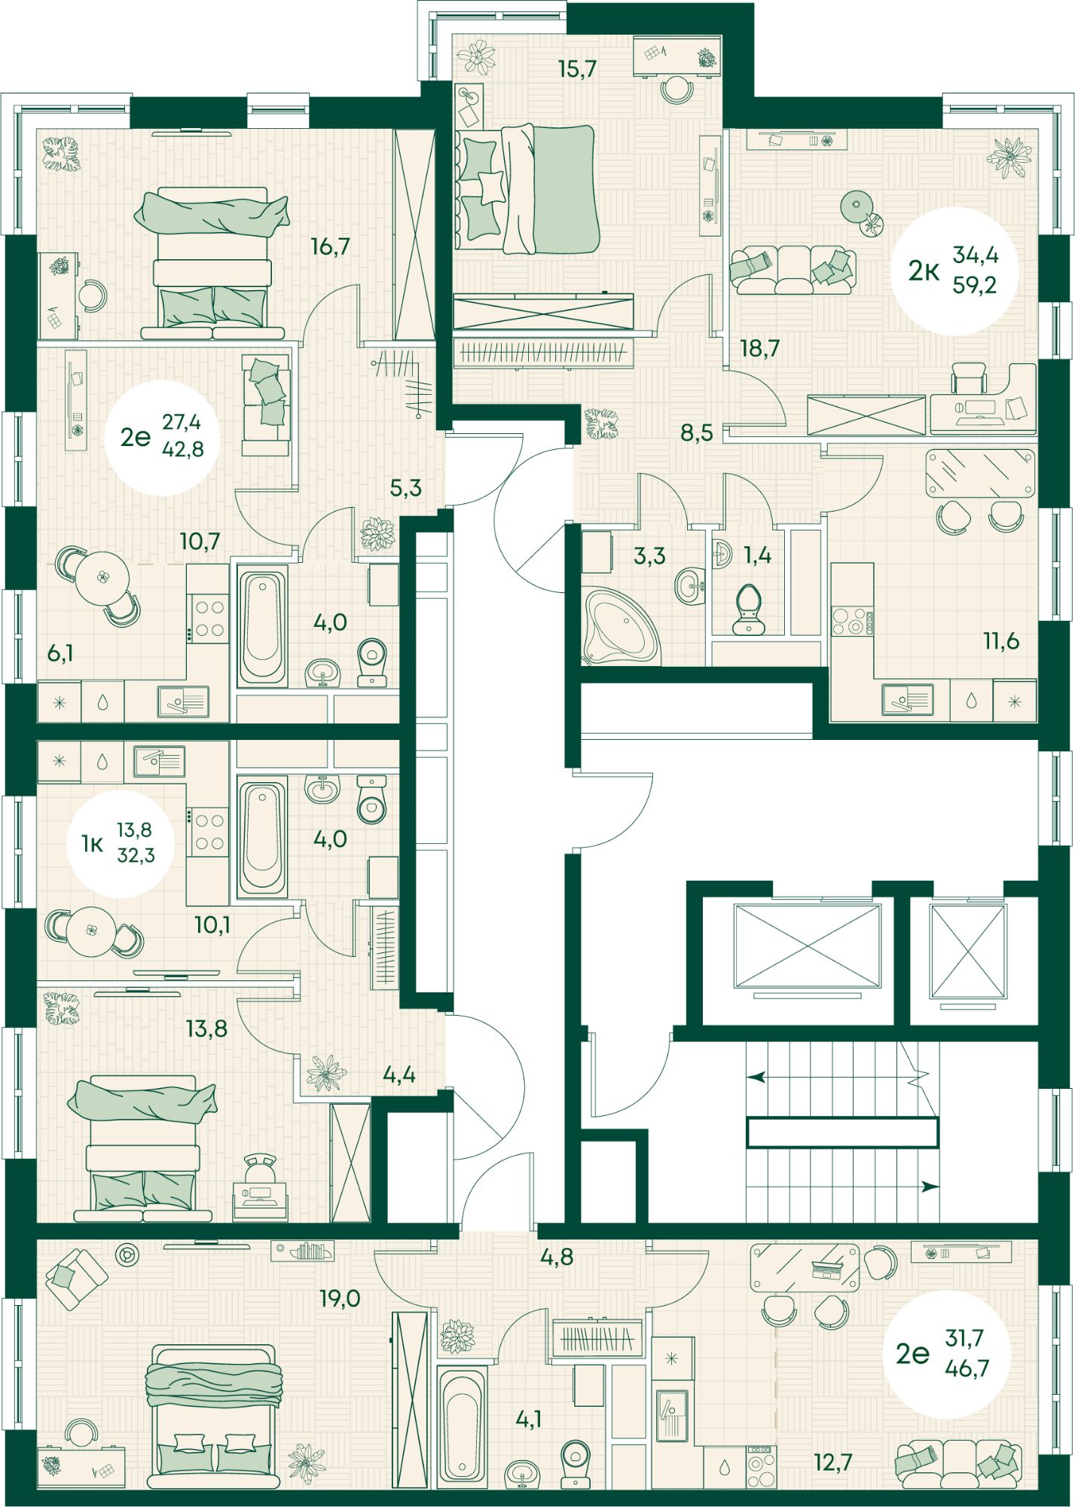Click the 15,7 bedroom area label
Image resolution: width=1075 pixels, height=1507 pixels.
pyautogui.click(x=577, y=69)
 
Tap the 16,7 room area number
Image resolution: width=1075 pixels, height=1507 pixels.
pyautogui.click(x=331, y=246)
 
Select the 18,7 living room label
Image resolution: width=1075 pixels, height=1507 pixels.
pyautogui.click(x=759, y=348)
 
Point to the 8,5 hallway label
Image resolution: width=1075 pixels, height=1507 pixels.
pyautogui.click(x=697, y=433)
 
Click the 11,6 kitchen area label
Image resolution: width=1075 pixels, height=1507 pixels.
pyautogui.click(x=1001, y=640)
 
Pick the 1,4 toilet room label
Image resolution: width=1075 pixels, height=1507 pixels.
pyautogui.click(x=757, y=555)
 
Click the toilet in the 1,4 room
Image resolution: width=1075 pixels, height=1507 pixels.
pyautogui.click(x=748, y=608)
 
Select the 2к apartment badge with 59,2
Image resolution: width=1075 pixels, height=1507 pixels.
pyautogui.click(x=954, y=271)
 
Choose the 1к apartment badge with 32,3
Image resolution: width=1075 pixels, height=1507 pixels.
pyautogui.click(x=119, y=843)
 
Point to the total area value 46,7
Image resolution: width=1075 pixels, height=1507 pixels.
pyautogui.click(x=967, y=1368)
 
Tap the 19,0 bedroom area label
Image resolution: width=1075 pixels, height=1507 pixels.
pyautogui.click(x=340, y=1298)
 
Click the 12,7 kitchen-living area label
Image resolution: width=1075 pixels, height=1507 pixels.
pyautogui.click(x=833, y=1463)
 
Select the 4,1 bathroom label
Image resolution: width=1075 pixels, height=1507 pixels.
pyautogui.click(x=529, y=1420)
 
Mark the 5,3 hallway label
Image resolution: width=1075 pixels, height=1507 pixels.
pyautogui.click(x=405, y=488)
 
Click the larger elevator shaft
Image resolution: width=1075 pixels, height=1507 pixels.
pyautogui.click(x=808, y=946)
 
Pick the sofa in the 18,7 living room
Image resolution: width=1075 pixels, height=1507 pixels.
pyautogui.click(x=794, y=270)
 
